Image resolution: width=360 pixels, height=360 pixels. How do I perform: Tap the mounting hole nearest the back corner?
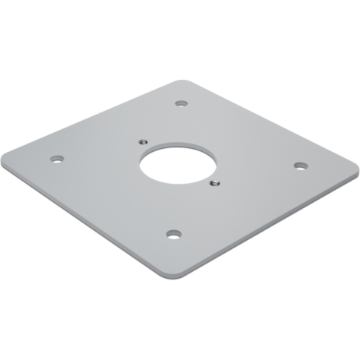180,104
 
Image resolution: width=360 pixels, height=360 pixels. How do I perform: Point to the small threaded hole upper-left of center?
142,141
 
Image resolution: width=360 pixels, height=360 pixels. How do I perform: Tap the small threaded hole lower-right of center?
214,182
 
